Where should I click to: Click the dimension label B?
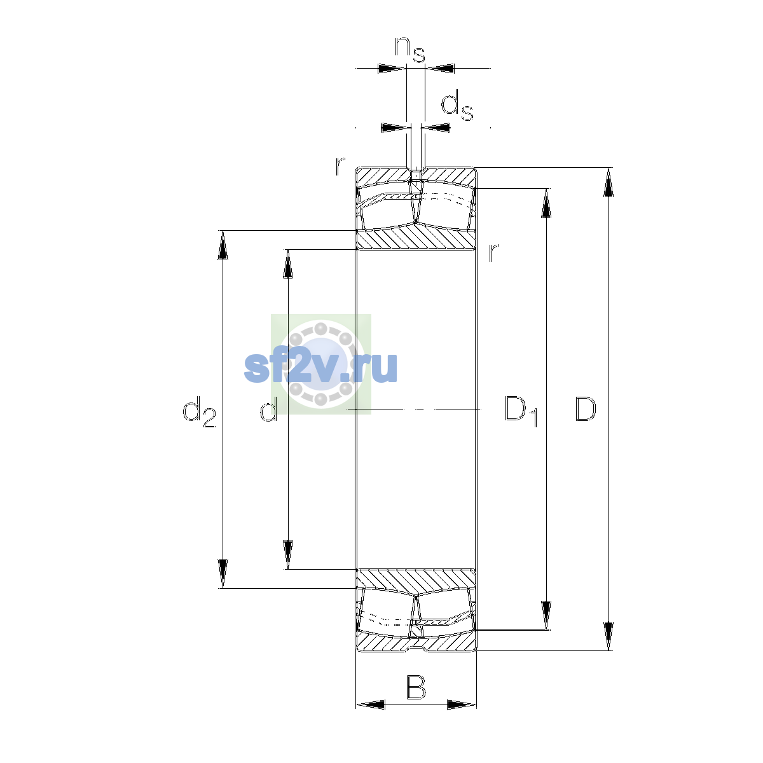pyautogui.click(x=416, y=688)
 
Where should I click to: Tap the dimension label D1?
pyautogui.click(x=521, y=411)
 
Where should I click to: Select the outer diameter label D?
pyautogui.click(x=585, y=409)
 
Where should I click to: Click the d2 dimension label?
pyautogui.click(x=199, y=412)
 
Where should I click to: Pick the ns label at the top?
pyautogui.click(x=410, y=50)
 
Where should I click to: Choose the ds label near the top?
pyautogui.click(x=457, y=106)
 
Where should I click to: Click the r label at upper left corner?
pyautogui.click(x=340, y=166)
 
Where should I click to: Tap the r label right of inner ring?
pyautogui.click(x=493, y=252)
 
